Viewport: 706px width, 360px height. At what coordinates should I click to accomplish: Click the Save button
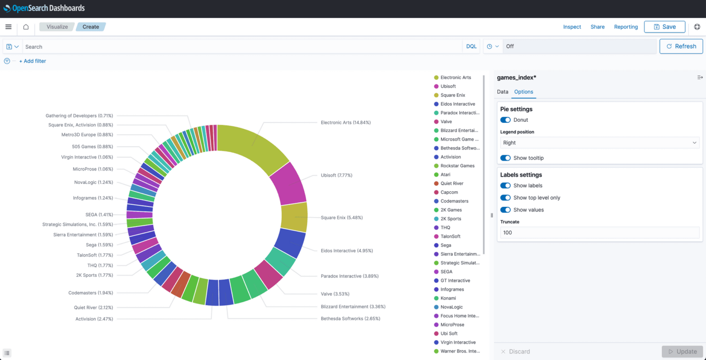pyautogui.click(x=664, y=27)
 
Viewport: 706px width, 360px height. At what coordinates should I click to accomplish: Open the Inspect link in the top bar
pyautogui.click(x=572, y=27)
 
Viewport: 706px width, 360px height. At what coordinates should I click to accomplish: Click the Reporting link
pyautogui.click(x=626, y=27)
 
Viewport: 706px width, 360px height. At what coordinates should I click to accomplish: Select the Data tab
pyautogui.click(x=502, y=92)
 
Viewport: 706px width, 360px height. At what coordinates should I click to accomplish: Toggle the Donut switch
pyautogui.click(x=505, y=120)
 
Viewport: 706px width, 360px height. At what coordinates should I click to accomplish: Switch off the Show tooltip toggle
pyautogui.click(x=505, y=158)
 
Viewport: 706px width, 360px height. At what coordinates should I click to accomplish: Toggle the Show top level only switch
pyautogui.click(x=505, y=198)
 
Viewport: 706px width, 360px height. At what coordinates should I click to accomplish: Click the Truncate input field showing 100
pyautogui.click(x=599, y=233)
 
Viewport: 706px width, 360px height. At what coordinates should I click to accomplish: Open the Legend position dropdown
pyautogui.click(x=599, y=143)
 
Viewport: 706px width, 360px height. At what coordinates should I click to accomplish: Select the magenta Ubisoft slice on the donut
pyautogui.click(x=289, y=184)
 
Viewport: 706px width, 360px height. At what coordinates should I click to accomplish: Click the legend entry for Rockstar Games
pyautogui.click(x=457, y=166)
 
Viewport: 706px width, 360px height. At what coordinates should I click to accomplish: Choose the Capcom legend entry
pyautogui.click(x=449, y=192)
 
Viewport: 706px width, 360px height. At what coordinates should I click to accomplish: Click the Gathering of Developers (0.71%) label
pyautogui.click(x=79, y=116)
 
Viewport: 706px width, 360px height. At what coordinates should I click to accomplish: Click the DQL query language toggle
pyautogui.click(x=471, y=47)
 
